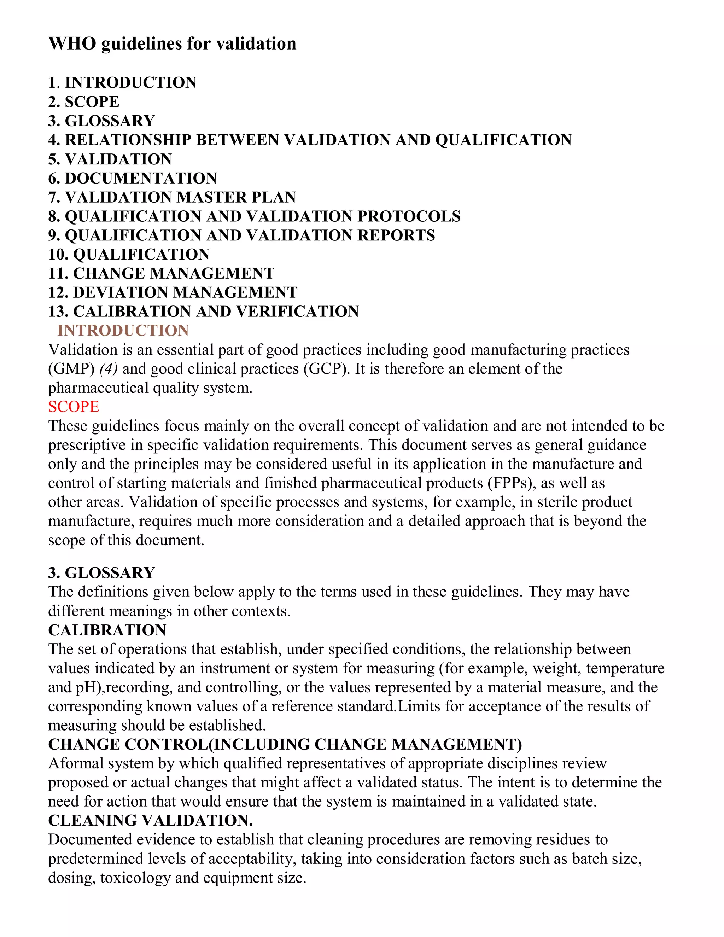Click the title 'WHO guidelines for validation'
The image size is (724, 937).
pos(172,44)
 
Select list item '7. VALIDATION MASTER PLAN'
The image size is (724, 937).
pos(172,197)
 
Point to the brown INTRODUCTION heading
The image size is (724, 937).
pos(123,330)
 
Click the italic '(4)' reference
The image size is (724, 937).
pos(109,368)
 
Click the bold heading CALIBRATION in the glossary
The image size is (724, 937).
pos(107,630)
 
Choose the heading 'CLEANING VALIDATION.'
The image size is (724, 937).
pos(150,820)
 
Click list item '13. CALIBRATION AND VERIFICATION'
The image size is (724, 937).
pos(203,312)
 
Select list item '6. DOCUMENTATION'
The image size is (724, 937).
pos(133,178)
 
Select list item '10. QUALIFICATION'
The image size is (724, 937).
pos(129,255)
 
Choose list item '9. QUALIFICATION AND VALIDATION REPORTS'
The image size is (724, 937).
pos(241,235)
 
